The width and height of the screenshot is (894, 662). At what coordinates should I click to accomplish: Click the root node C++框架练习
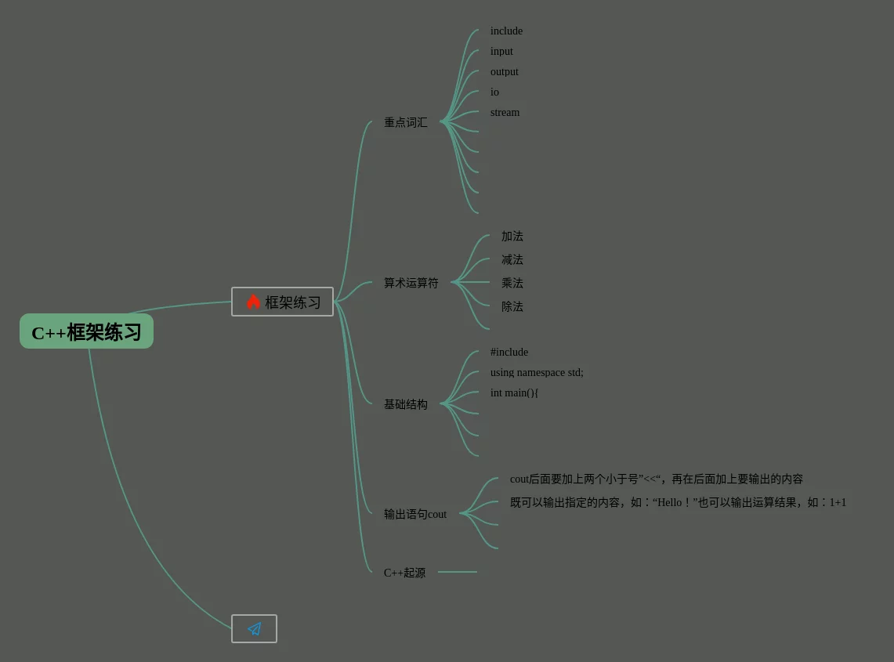86,331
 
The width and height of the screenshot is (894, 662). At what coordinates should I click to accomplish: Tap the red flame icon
253,302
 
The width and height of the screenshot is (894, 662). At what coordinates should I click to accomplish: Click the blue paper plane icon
254,628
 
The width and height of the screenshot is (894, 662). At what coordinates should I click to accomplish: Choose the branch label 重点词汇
405,123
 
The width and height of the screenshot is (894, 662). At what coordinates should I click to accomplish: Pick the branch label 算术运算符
411,284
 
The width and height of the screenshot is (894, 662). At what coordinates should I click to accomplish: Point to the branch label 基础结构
405,405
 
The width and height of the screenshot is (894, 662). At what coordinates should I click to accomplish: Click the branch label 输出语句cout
414,515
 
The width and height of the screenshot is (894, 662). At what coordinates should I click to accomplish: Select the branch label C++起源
404,573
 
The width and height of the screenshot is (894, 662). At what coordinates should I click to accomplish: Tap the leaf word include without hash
506,31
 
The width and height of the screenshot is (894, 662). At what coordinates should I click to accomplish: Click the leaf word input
501,52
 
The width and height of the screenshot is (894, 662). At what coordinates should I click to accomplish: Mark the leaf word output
504,72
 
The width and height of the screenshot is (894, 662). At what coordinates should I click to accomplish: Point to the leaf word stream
505,113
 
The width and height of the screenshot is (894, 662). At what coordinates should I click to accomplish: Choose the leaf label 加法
512,237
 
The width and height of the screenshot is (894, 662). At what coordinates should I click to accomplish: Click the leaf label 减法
512,260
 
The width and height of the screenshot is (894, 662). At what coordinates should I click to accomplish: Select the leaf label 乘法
512,284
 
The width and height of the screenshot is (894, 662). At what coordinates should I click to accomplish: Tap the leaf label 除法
512,307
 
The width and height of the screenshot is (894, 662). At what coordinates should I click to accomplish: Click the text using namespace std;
537,373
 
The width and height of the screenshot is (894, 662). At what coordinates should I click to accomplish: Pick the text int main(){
514,393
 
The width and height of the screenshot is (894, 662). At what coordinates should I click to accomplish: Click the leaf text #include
509,353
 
